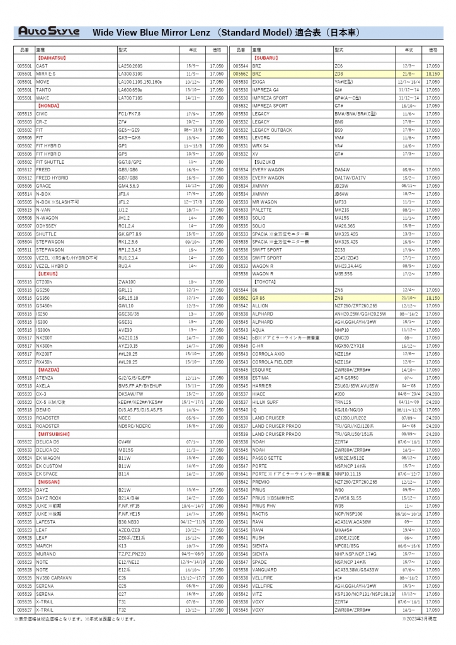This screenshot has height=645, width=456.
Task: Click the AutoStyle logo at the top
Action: pos(48,31)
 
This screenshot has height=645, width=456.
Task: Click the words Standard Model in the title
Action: pos(252,31)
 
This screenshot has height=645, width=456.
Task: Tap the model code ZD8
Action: pos(338,74)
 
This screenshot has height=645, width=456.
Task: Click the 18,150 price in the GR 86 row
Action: pos(432,297)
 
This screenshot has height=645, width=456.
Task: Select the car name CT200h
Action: pos(45,282)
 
